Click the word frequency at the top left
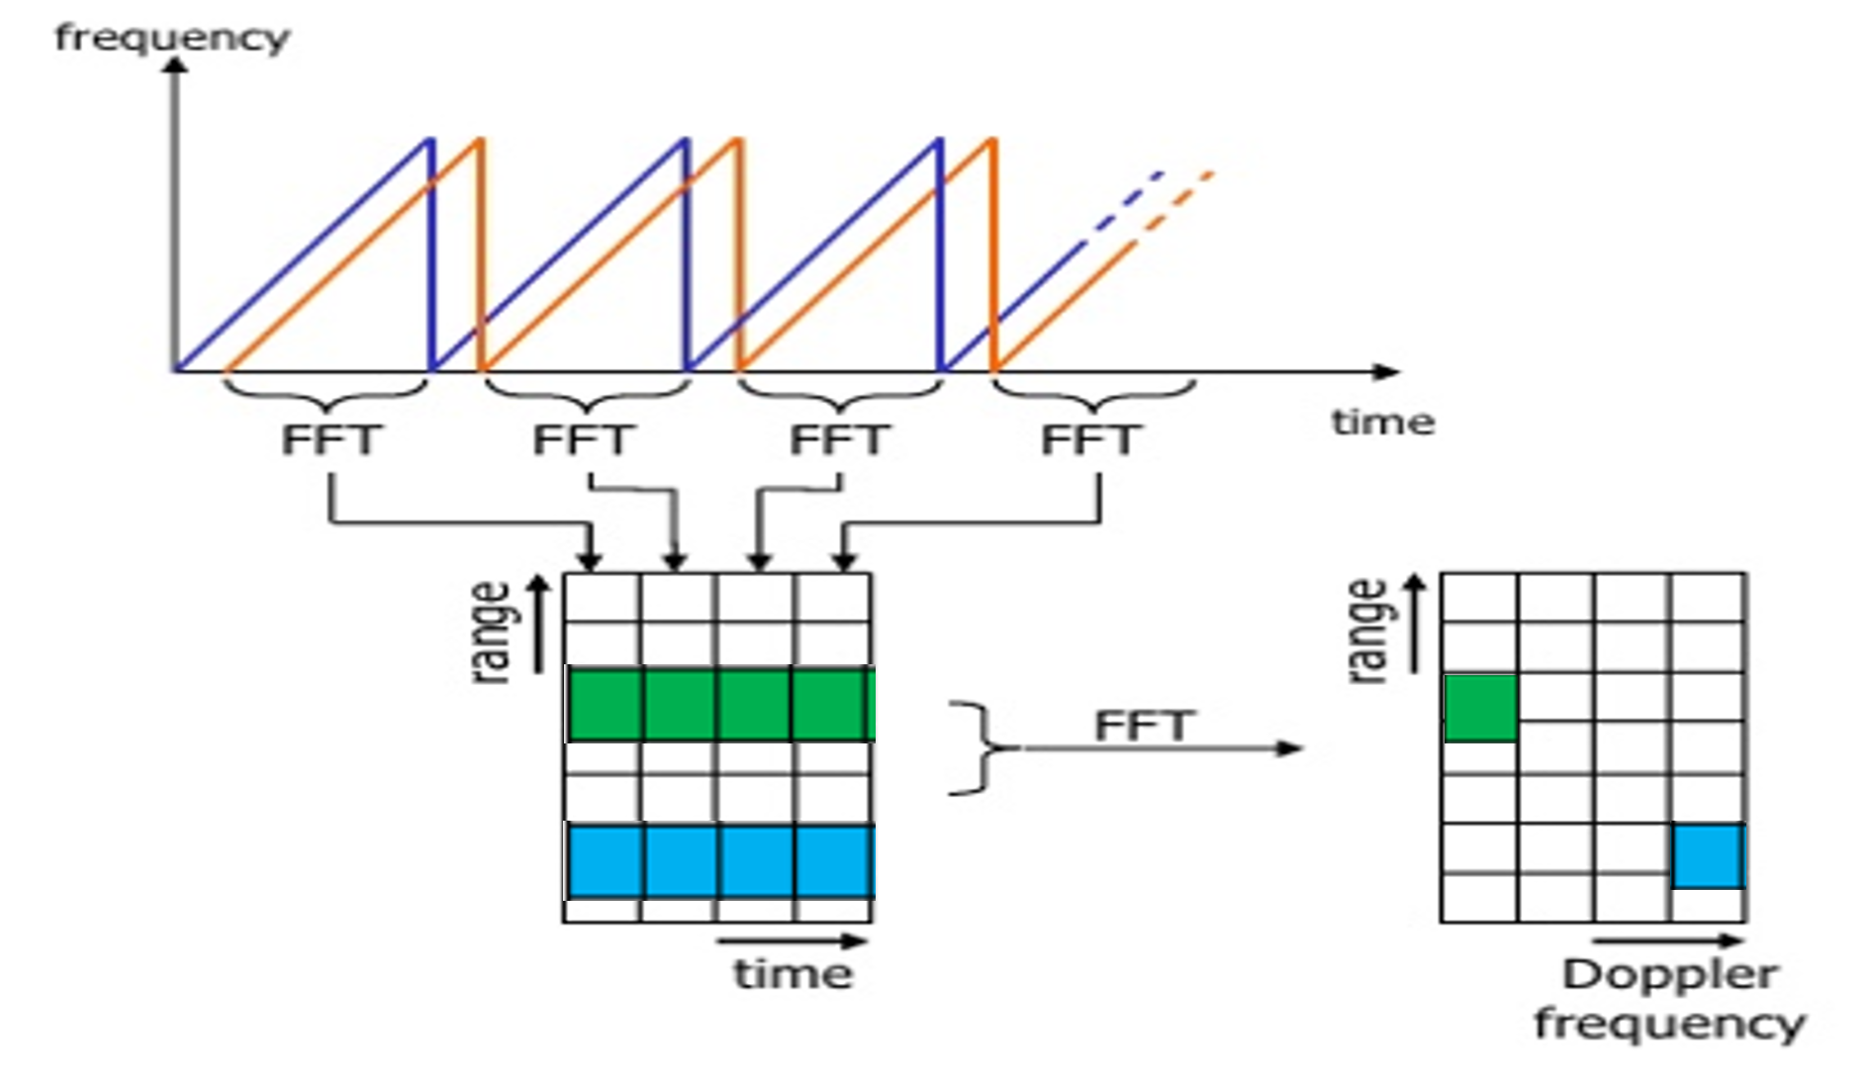[171, 38]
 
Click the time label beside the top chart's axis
[1381, 422]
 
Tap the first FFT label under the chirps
[329, 440]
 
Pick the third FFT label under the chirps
[839, 440]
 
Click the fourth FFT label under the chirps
[1091, 440]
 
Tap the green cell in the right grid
[1480, 708]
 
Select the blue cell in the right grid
[1708, 856]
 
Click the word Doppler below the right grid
[1670, 974]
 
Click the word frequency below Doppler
[1670, 1024]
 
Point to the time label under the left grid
[793, 973]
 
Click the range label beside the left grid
[492, 632]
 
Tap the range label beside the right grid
[1368, 631]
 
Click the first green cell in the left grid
[606, 705]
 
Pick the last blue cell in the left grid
[833, 861]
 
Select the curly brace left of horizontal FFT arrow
[980, 747]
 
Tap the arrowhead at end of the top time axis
[1388, 372]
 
